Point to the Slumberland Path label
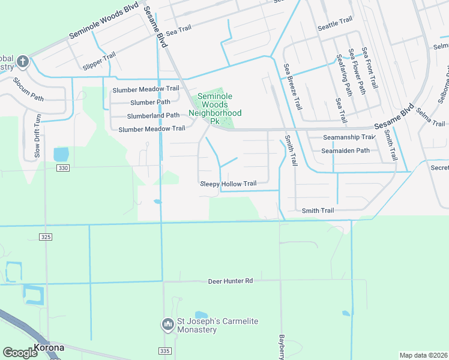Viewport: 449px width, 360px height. click(153, 115)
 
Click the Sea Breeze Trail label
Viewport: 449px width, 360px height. click(294, 86)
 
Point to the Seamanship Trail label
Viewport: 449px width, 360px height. click(349, 137)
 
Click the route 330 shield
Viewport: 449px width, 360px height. click(64, 168)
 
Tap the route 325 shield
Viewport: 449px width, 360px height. click(47, 238)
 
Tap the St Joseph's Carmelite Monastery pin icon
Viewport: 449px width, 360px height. click(167, 325)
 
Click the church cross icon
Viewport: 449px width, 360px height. click(22, 61)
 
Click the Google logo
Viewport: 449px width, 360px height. click(20, 352)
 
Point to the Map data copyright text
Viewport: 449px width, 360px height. click(423, 355)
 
